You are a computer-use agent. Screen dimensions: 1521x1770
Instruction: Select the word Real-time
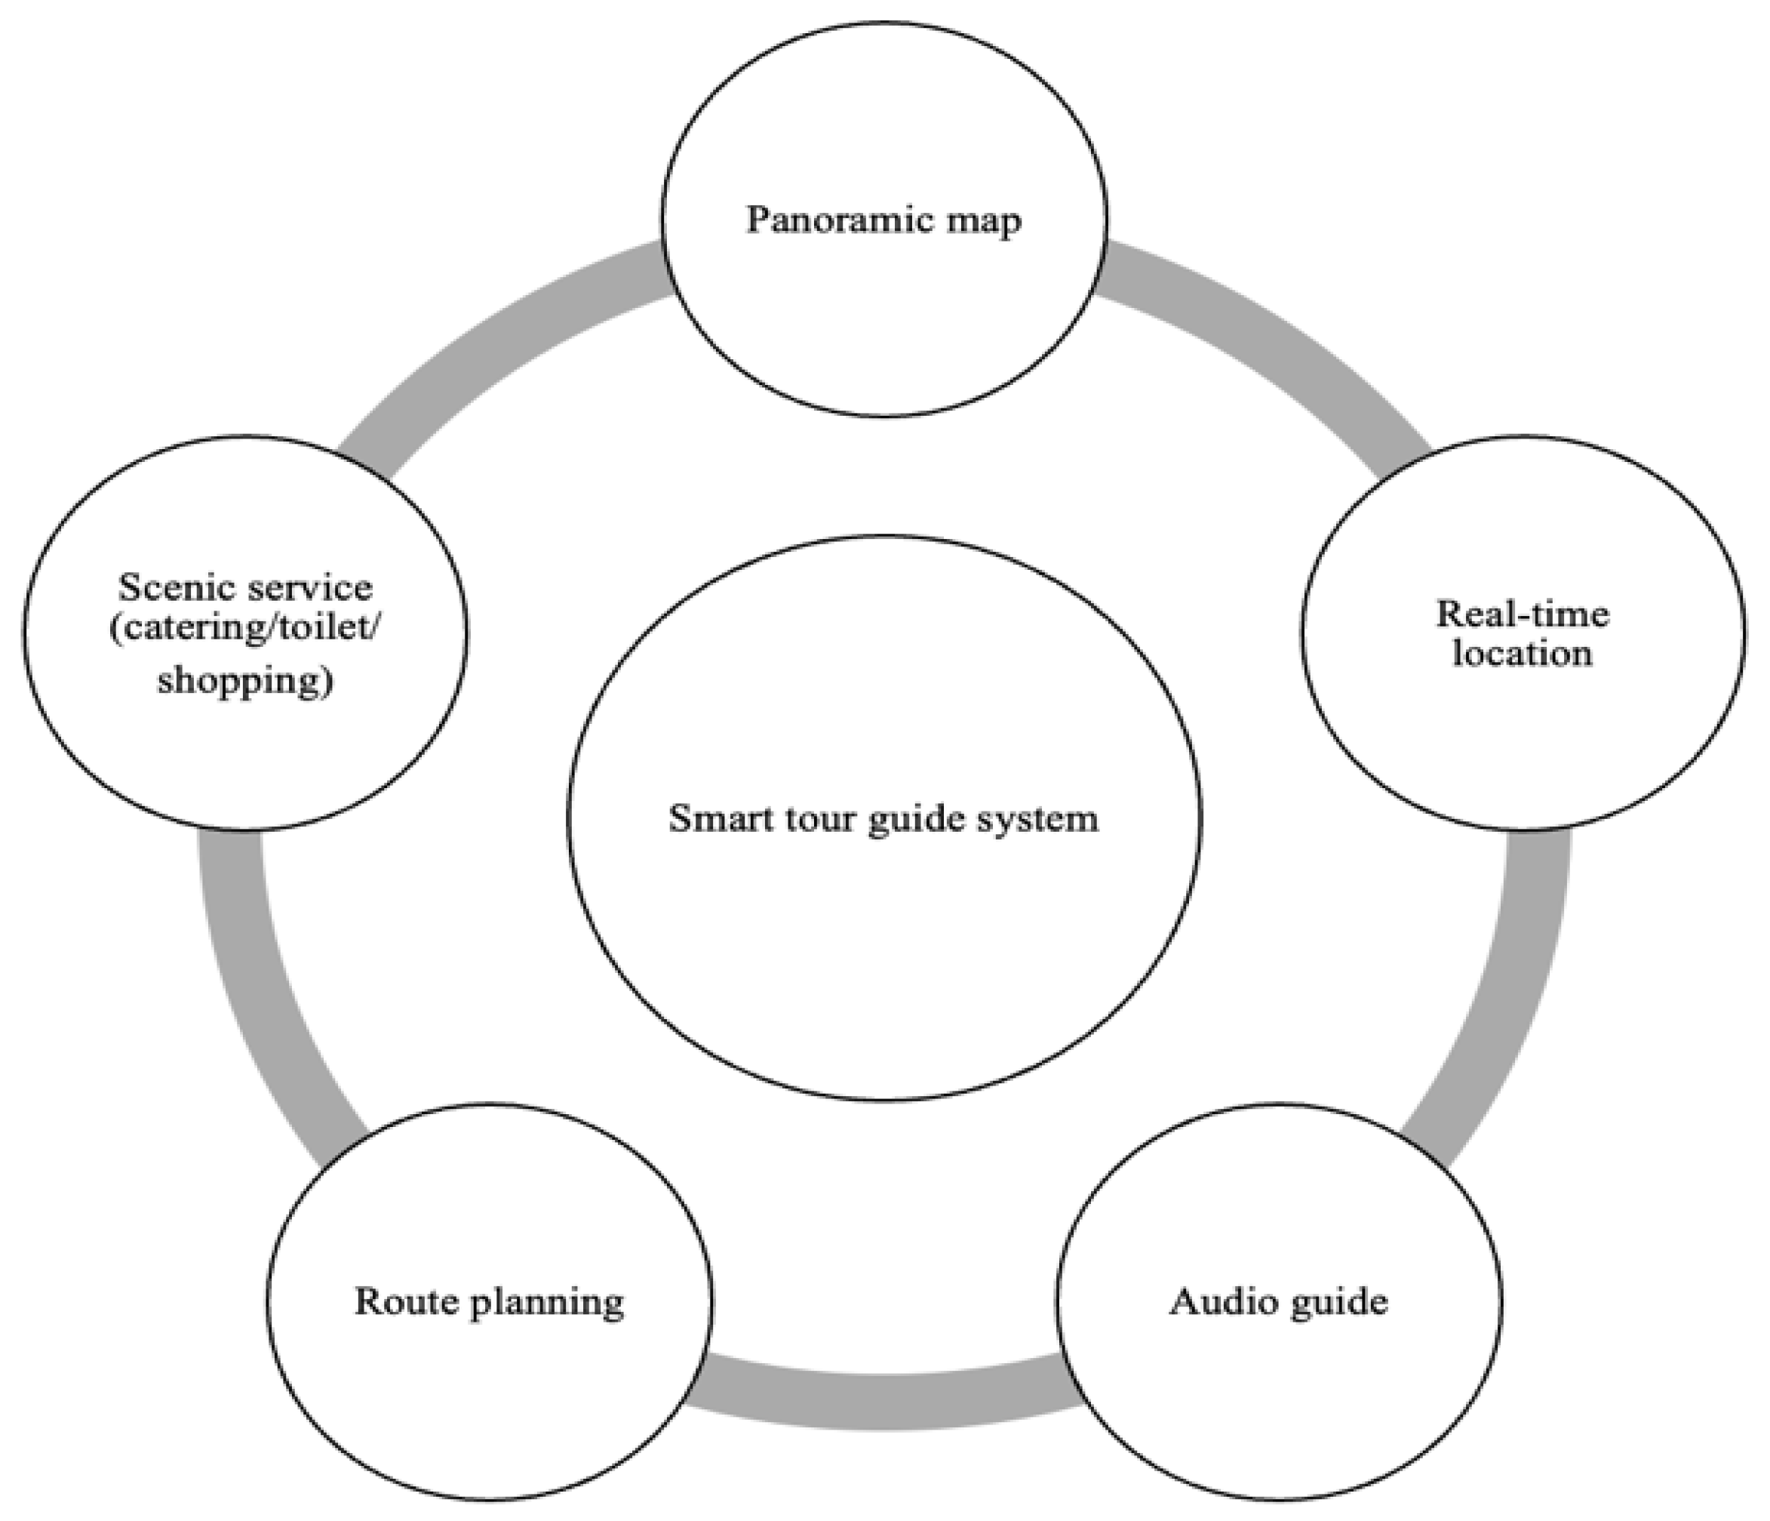(x=1523, y=614)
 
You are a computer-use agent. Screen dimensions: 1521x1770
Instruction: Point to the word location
(x=1523, y=654)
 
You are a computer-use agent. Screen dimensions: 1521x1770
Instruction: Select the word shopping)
(x=245, y=681)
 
